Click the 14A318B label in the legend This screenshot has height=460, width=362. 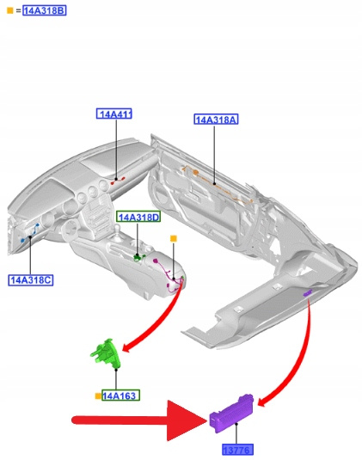pos(45,10)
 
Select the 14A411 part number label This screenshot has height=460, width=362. pos(114,113)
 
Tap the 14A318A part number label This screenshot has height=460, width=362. pos(216,120)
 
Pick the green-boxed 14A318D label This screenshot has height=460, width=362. pos(138,217)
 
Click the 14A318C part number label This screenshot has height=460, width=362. pos(30,280)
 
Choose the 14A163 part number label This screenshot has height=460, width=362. pos(120,396)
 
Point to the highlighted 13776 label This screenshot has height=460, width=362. pos(237,449)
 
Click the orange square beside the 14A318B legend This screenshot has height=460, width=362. pos(10,10)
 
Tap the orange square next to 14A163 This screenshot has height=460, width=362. pos(98,396)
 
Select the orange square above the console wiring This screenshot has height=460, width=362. pos(174,238)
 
